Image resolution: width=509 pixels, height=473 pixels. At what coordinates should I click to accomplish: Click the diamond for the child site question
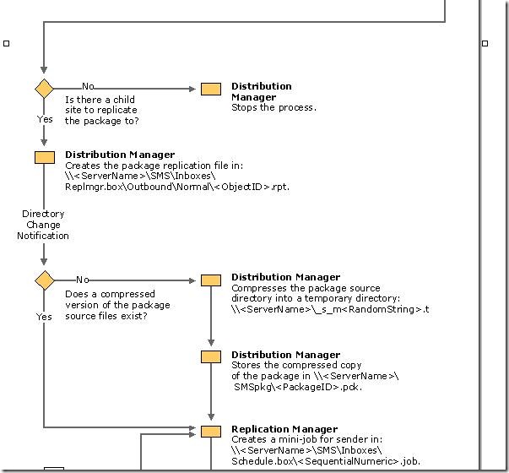click(44, 89)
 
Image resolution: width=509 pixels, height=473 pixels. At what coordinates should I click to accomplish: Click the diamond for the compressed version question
click(44, 280)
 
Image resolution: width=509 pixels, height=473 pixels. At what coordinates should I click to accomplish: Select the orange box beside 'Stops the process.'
click(211, 90)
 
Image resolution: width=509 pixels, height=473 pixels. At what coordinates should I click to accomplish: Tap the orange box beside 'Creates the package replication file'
click(44, 157)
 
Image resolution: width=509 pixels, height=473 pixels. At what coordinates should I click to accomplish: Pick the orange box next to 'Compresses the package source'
click(211, 280)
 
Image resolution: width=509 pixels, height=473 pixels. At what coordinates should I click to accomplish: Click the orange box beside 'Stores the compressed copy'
click(211, 356)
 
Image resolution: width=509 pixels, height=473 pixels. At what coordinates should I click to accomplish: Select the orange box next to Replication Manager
click(211, 432)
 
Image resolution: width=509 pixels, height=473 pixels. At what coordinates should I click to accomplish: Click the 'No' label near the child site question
click(88, 86)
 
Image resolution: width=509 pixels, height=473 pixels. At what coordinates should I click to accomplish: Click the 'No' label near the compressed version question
click(83, 280)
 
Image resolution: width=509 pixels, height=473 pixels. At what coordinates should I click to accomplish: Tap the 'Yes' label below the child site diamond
click(45, 119)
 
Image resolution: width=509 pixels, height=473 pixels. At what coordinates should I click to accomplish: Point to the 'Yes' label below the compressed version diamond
click(44, 317)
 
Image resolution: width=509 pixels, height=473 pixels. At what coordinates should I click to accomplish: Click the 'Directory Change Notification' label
click(43, 225)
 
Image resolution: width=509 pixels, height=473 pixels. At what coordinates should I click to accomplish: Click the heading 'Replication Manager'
click(284, 429)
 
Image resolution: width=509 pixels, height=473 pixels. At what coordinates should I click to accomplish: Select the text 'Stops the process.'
click(273, 107)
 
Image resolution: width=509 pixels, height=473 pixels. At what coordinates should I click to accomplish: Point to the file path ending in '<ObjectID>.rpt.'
click(176, 187)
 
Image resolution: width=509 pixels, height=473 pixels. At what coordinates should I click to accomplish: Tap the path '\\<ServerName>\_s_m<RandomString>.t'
click(330, 309)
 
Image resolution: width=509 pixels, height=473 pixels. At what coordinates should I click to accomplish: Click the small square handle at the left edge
click(7, 42)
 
